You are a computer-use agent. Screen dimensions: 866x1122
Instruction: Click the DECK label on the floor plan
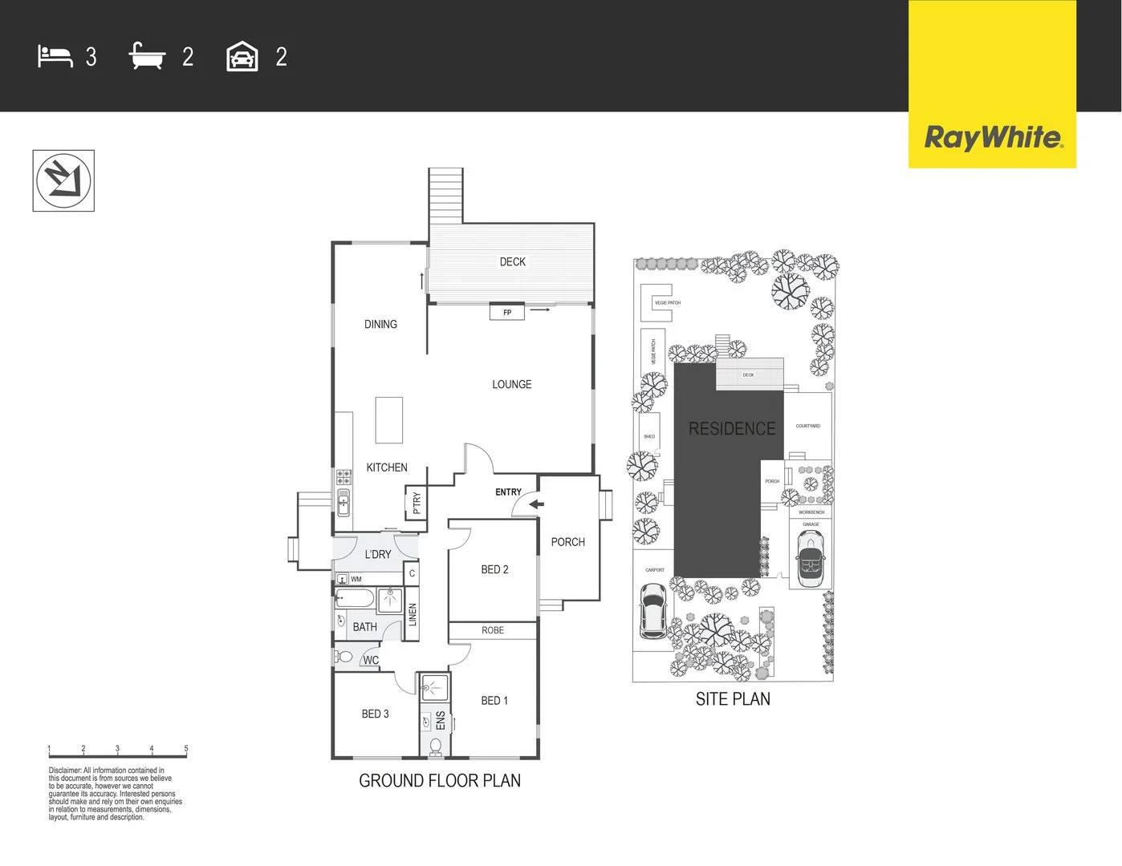[x=512, y=262]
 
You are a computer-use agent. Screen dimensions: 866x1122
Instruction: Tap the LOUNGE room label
[x=511, y=385]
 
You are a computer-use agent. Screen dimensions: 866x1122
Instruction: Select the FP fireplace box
[x=507, y=313]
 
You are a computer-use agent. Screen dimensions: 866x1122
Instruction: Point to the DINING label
[x=380, y=325]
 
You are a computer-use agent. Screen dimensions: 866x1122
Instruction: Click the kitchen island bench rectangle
[x=389, y=420]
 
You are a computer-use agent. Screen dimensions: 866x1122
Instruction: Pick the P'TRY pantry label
[x=416, y=503]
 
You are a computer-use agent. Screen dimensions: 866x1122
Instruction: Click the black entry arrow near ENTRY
[x=536, y=504]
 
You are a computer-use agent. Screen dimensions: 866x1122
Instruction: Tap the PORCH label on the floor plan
[x=567, y=542]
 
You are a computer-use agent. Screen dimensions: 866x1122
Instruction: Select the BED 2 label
[x=494, y=569]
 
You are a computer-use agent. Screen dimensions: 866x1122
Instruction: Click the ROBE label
[x=493, y=630]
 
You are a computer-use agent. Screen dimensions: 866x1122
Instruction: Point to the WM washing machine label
[x=356, y=579]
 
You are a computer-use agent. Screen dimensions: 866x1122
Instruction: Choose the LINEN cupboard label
[x=413, y=615]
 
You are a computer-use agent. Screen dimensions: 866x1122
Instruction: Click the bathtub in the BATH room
[x=355, y=598]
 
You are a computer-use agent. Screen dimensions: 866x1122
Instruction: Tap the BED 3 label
[x=375, y=714]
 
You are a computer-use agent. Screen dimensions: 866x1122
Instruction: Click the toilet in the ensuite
[x=435, y=747]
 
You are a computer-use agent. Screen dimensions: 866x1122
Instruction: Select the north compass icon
[x=63, y=180]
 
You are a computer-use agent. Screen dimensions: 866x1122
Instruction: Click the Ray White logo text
[x=993, y=137]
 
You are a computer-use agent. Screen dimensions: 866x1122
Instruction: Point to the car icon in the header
[x=242, y=57]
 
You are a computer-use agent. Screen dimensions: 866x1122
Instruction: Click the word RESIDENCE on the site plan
[x=732, y=429]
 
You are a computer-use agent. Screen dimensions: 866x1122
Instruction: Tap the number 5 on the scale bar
[x=186, y=748]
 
